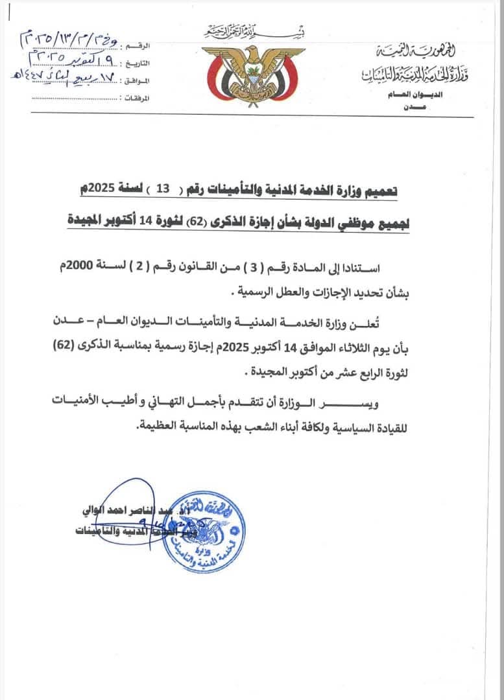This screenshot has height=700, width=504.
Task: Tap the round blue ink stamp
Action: pyautogui.click(x=204, y=531)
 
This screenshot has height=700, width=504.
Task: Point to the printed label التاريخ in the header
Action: pyautogui.click(x=139, y=64)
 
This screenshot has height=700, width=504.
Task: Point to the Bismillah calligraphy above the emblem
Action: pyautogui.click(x=255, y=32)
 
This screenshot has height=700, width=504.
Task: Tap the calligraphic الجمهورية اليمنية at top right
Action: pyautogui.click(x=422, y=51)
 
